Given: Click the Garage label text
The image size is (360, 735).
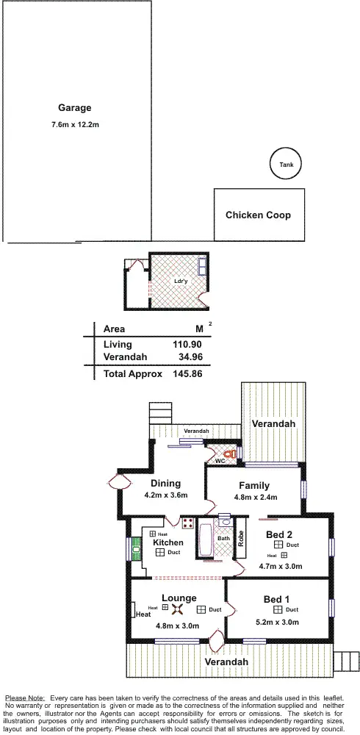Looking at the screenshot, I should tap(75, 107).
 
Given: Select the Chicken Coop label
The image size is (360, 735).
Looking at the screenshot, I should tap(258, 215).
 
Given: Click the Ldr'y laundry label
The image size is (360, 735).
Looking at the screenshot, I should tap(179, 281).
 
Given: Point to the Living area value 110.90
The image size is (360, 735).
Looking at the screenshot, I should tap(186, 344).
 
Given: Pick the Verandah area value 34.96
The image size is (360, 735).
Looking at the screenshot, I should tap(189, 357).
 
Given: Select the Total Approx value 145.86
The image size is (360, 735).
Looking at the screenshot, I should tap(186, 373).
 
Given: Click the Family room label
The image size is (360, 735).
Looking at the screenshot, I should tap(253, 485).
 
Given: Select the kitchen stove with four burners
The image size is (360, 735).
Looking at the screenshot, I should tap(188, 524).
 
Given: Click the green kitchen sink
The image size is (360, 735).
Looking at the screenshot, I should tap(136, 547).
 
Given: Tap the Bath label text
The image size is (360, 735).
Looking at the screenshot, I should tap(223, 538).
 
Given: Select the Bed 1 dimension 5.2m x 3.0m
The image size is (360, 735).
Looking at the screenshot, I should tap(276, 621).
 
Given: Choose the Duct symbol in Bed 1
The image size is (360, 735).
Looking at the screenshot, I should tap(278, 609).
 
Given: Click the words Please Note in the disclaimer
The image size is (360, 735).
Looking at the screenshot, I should tap(25, 697).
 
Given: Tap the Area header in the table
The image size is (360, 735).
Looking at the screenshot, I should tap(115, 329).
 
